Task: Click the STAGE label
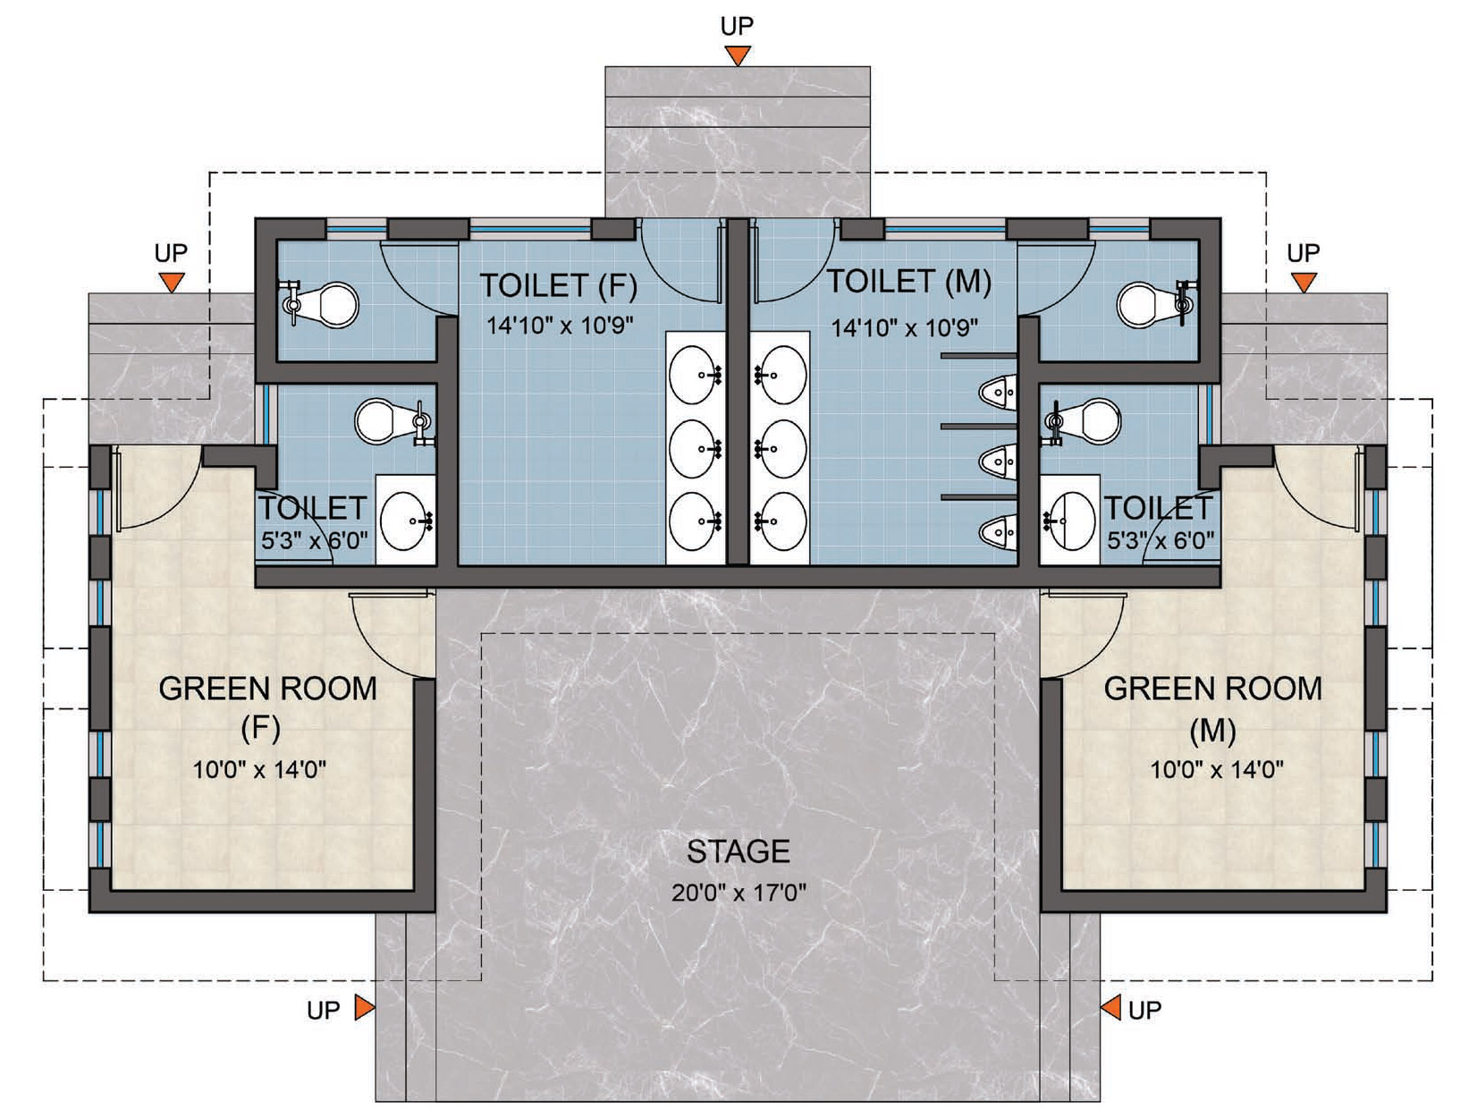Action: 738,851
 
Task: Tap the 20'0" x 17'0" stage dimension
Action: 739,893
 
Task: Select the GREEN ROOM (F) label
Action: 266,707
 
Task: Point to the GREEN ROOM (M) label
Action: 1212,707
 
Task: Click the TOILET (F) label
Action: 559,286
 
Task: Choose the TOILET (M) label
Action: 908,283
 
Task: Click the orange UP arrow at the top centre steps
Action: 737,55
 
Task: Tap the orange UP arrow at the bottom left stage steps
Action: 364,1008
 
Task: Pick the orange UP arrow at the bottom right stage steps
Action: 1110,1008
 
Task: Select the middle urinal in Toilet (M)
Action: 998,462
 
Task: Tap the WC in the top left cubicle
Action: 326,304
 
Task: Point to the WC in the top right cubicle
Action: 1151,304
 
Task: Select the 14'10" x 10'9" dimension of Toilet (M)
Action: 905,328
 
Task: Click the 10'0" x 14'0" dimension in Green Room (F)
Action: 259,769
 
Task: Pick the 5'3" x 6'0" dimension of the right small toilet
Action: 1161,540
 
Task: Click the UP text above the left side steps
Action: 171,253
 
